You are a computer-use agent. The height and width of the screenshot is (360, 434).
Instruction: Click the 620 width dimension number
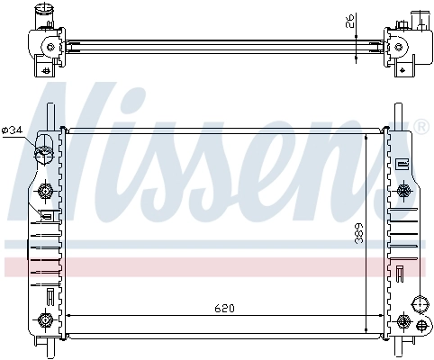(x=223, y=309)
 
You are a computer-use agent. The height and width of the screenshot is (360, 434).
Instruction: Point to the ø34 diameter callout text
(x=13, y=131)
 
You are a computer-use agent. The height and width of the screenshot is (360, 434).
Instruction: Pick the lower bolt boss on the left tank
(x=45, y=318)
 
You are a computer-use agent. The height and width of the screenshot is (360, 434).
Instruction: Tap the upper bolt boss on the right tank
(x=402, y=190)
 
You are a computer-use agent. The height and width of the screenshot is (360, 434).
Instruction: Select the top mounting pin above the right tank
(x=397, y=115)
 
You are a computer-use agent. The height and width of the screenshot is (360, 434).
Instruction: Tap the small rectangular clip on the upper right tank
(x=401, y=164)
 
